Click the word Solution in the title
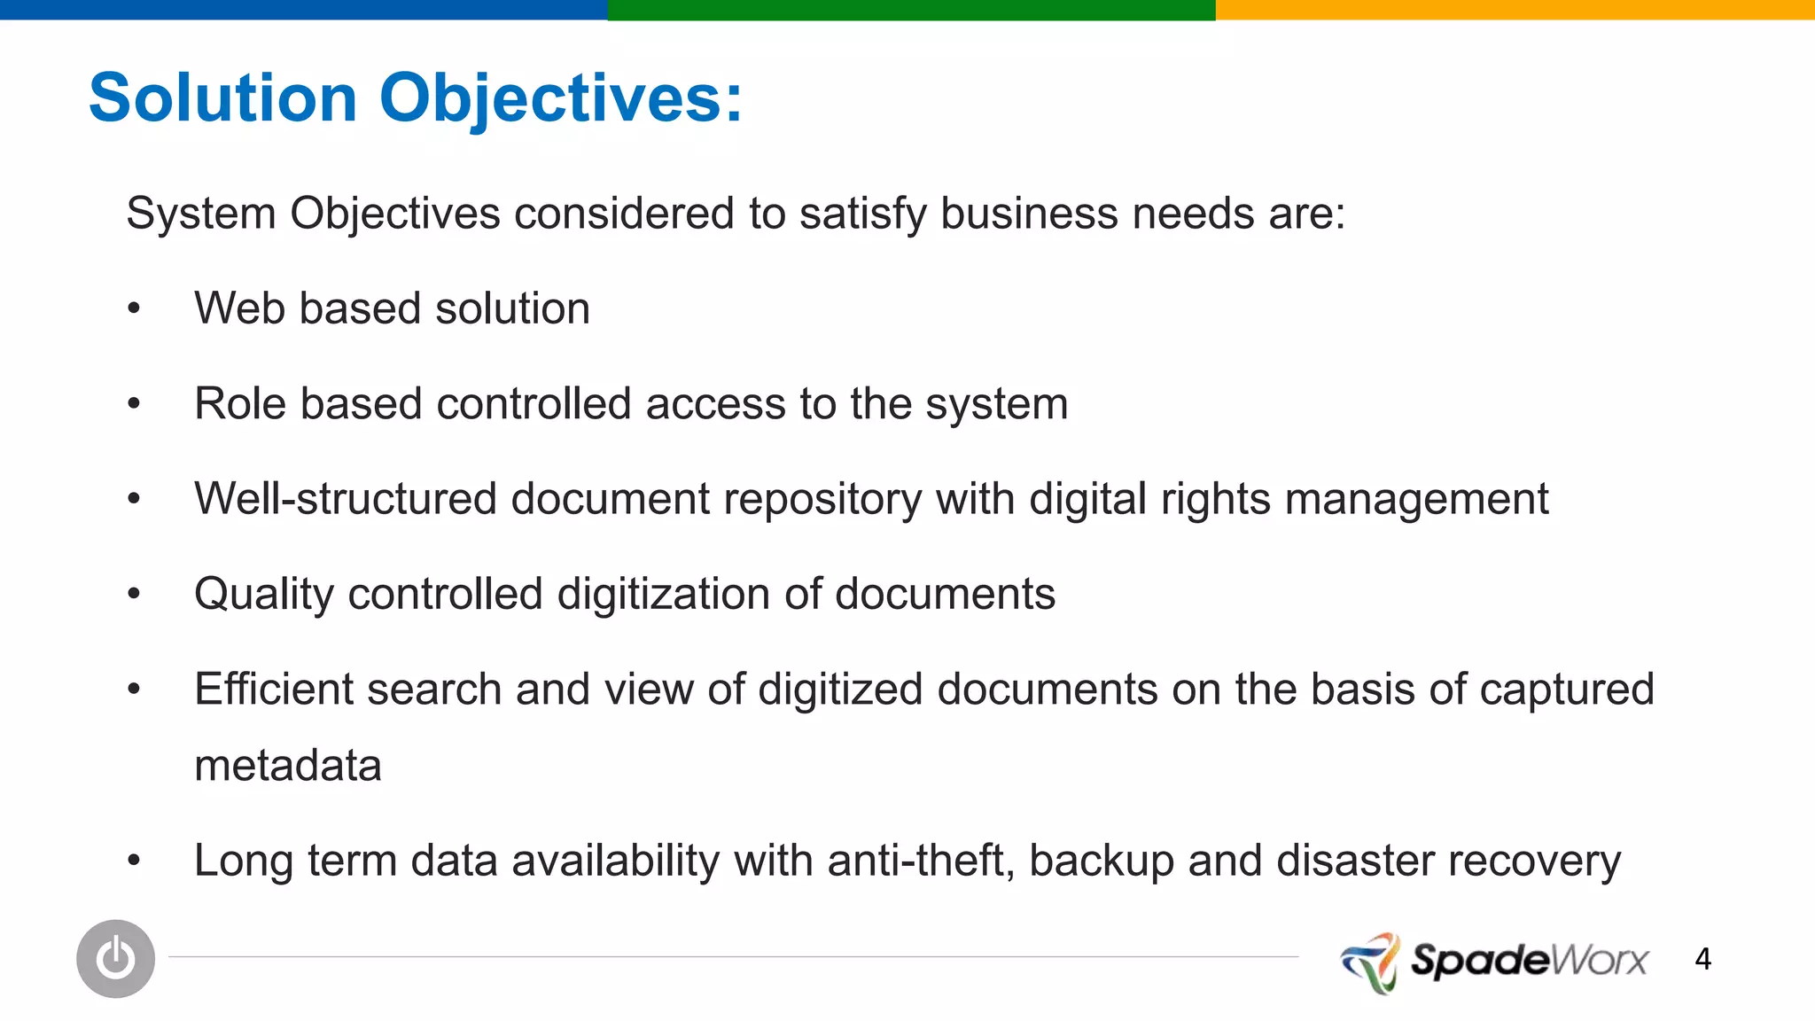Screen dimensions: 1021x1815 pos(222,97)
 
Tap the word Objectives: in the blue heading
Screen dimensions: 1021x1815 pos(561,99)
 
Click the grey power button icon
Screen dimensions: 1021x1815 pos(115,958)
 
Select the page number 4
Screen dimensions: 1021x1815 pos(1702,959)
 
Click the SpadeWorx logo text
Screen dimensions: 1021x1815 pos(1529,961)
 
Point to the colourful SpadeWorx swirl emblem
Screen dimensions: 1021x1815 pos(1370,962)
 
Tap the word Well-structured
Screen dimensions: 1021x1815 pos(345,499)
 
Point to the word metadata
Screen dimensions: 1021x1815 pos(288,766)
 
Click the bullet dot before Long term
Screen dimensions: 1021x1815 pos(134,860)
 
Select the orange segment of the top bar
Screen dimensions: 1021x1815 pos(1515,10)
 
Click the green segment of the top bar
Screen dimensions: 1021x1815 pos(911,10)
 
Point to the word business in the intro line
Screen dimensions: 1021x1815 pos(1029,214)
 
